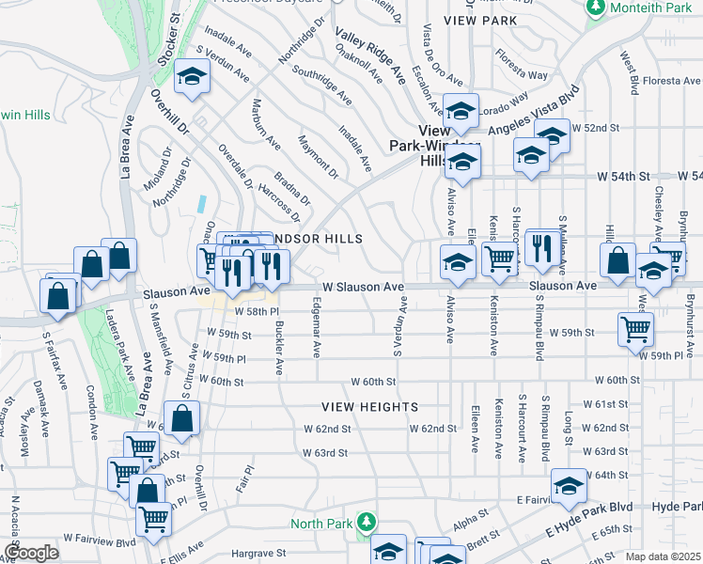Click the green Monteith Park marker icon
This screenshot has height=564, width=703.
point(594,8)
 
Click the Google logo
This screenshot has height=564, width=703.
point(31,553)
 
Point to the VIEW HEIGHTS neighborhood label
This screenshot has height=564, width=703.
point(369,407)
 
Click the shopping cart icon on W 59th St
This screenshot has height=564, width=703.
point(636,329)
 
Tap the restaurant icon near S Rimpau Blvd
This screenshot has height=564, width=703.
point(540,246)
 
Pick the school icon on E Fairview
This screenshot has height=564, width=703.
point(569,485)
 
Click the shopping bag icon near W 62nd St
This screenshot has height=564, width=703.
point(182,418)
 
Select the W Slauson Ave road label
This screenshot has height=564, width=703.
point(363,287)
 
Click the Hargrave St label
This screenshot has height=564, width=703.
point(259,556)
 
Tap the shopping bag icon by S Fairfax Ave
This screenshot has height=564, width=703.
point(58,294)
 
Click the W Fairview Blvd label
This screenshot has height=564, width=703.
point(100,541)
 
